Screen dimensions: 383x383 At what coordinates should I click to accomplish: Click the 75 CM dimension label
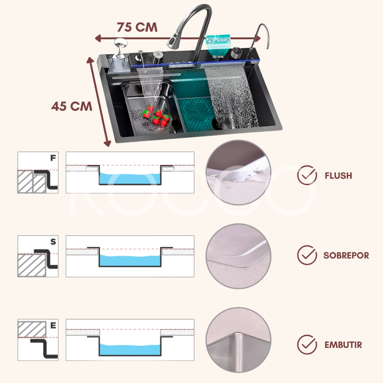(x=137, y=27)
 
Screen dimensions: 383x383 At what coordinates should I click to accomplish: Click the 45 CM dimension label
(x=71, y=106)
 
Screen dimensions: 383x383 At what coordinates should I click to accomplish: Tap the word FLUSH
(x=338, y=176)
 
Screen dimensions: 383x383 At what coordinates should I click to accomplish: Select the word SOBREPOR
(x=346, y=255)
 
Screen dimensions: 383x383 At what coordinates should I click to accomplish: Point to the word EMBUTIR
(x=343, y=345)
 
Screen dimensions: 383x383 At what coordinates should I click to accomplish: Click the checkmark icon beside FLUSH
(x=307, y=175)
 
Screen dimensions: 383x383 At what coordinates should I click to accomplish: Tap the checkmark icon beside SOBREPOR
(x=307, y=255)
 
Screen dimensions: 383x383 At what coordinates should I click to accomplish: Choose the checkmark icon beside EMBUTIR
(x=307, y=344)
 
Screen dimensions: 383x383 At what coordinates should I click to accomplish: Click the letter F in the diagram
(x=53, y=158)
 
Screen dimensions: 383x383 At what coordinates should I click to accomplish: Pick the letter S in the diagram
(x=53, y=242)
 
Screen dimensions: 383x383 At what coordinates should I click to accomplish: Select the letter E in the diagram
(x=53, y=325)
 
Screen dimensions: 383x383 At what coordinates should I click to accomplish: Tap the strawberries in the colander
(x=156, y=116)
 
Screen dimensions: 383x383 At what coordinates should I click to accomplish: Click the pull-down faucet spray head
(x=174, y=39)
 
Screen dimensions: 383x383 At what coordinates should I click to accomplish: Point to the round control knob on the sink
(x=236, y=52)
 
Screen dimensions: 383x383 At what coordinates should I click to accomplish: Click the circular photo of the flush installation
(x=238, y=172)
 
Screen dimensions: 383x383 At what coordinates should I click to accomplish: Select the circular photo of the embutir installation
(x=238, y=340)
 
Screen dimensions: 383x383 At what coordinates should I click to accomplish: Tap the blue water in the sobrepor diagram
(x=130, y=261)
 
